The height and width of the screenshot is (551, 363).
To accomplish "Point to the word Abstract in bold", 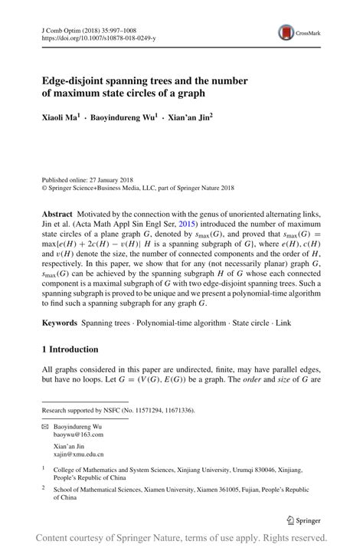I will [x=58, y=212].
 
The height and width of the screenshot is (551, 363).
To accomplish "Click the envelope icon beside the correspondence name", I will [x=45, y=425].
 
